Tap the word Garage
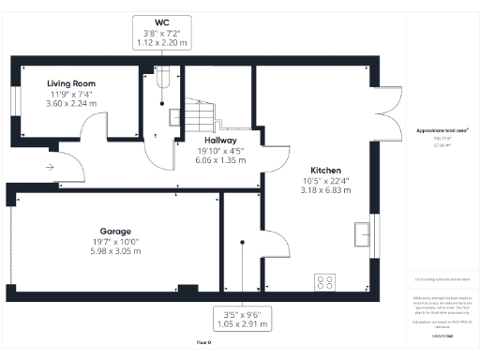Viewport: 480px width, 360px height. coord(115,231)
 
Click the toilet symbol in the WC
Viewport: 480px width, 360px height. coord(162,78)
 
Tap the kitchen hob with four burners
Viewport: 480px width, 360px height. coord(326,280)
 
